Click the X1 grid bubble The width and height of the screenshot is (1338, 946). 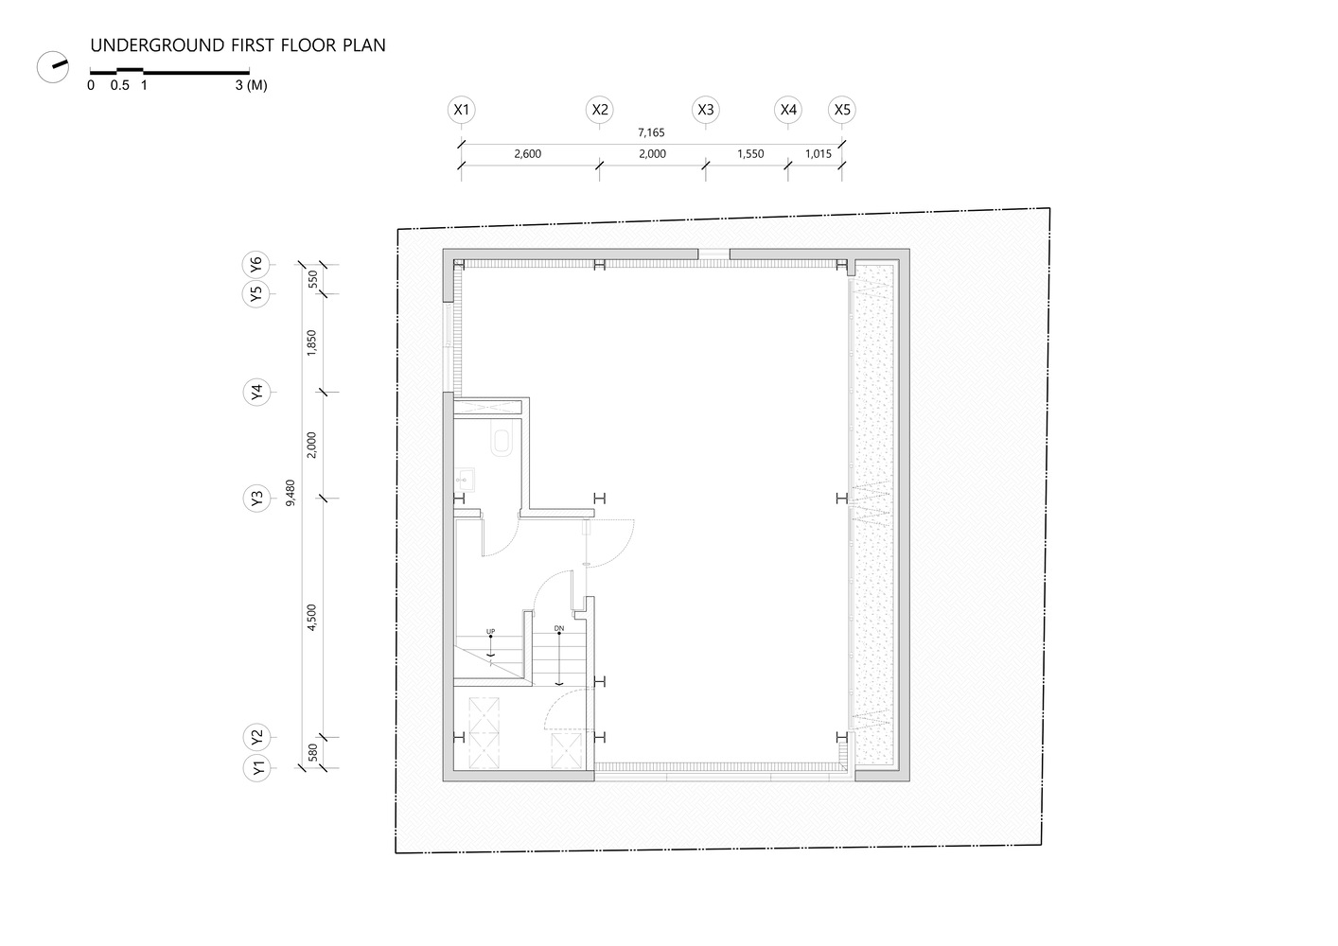pos(461,110)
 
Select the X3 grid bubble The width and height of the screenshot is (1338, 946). pos(705,110)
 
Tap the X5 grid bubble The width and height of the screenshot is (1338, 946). pos(842,110)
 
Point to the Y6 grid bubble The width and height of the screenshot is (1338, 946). pos(256,265)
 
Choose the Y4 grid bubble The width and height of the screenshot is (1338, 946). pos(256,393)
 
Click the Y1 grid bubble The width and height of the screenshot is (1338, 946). pos(256,768)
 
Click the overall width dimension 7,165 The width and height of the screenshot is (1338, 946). pos(651,133)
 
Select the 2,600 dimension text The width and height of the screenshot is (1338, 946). pos(527,154)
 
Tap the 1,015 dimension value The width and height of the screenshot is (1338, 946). pos(819,154)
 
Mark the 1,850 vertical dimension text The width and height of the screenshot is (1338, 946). pos(312,342)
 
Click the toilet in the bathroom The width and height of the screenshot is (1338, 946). pos(502,441)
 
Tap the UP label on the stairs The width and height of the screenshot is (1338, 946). pos(490,631)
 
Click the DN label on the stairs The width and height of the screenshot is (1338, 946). pos(559,628)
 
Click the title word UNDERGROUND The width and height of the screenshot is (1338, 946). pos(150,45)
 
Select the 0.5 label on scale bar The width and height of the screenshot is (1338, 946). pos(119,85)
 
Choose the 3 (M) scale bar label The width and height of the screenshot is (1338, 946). pos(251,85)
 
